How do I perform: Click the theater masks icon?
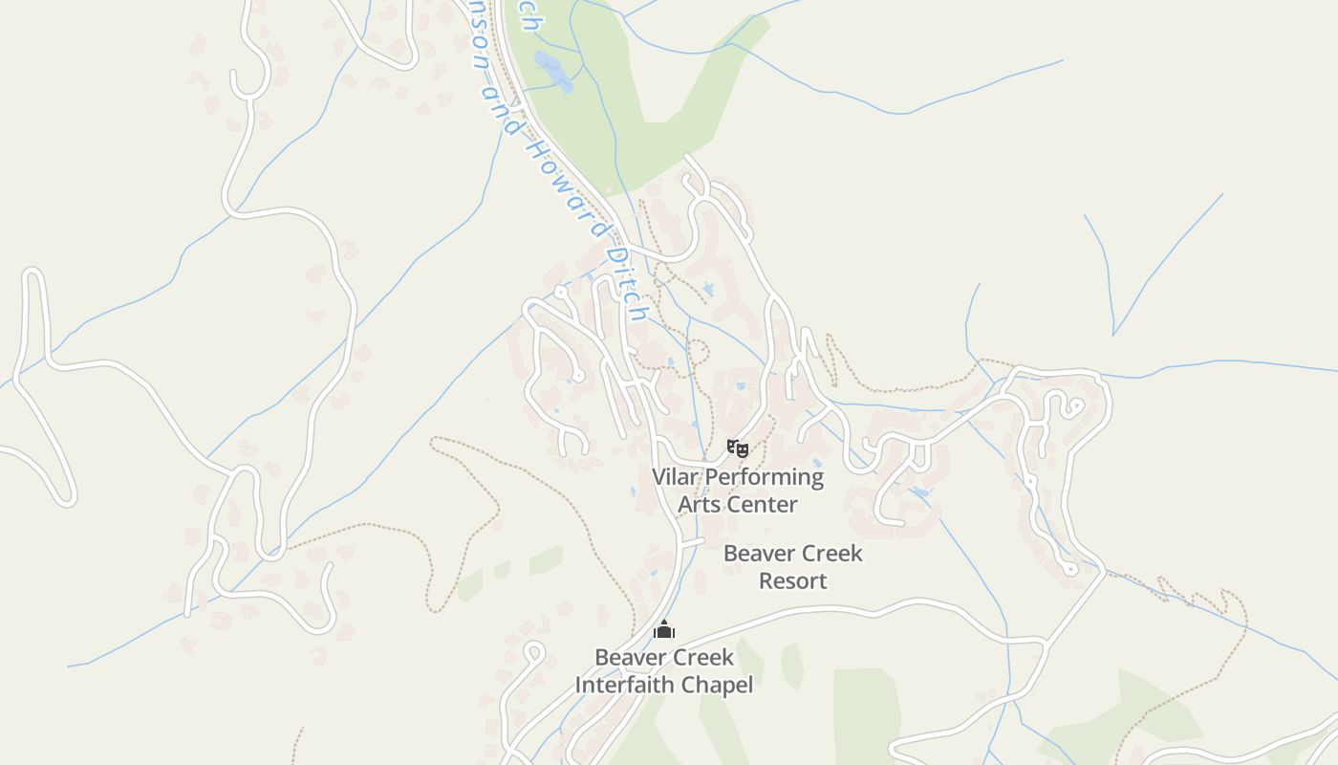pyautogui.click(x=737, y=447)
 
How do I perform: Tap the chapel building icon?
pyautogui.click(x=664, y=629)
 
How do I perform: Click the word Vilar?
pyautogui.click(x=676, y=476)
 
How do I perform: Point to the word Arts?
pyautogui.click(x=700, y=504)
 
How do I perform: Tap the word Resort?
pyautogui.click(x=792, y=580)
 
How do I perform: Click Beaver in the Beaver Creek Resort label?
pyautogui.click(x=755, y=553)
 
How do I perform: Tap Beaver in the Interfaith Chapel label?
pyautogui.click(x=627, y=657)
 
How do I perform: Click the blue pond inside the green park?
pyautogui.click(x=553, y=73)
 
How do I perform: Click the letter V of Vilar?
pyautogui.click(x=658, y=476)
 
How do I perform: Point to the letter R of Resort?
pyautogui.click(x=766, y=580)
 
